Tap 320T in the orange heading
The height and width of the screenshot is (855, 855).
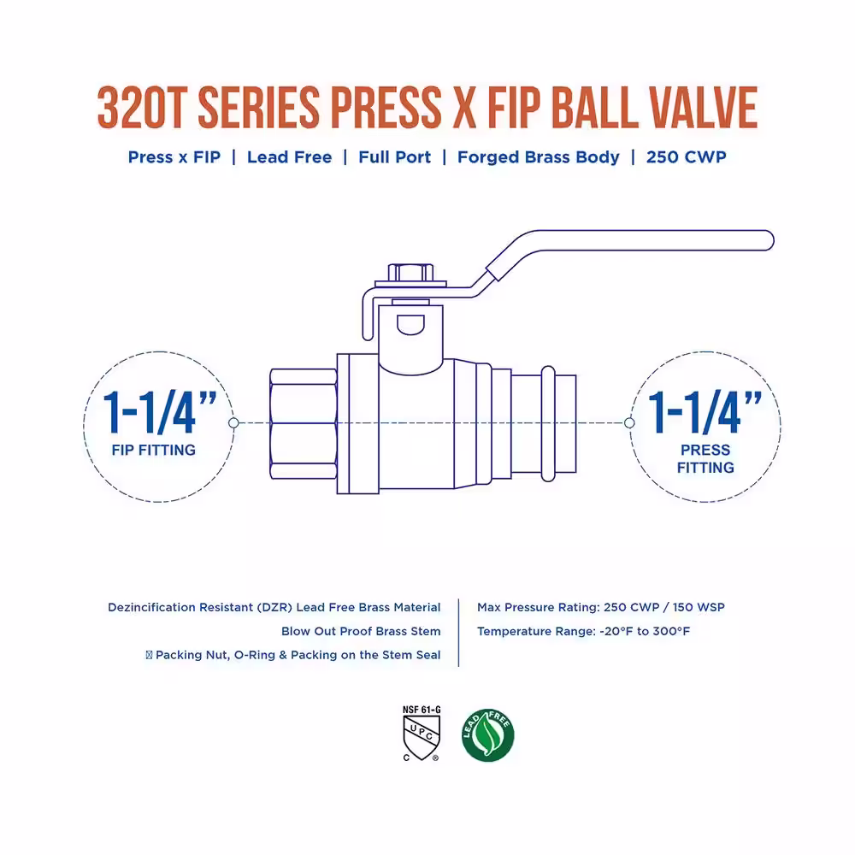pyautogui.click(x=139, y=108)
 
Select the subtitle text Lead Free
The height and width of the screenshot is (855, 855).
pyautogui.click(x=290, y=157)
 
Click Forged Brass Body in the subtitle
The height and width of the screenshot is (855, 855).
pyautogui.click(x=538, y=157)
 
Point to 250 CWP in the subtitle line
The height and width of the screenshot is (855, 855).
pyautogui.click(x=686, y=157)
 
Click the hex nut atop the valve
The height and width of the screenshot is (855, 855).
pyautogui.click(x=410, y=272)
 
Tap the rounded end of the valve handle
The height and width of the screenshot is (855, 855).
pyautogui.click(x=765, y=240)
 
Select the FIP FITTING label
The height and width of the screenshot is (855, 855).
pyautogui.click(x=154, y=450)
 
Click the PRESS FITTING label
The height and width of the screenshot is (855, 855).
pyautogui.click(x=705, y=458)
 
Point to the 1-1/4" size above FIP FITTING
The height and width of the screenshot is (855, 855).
pyautogui.click(x=160, y=412)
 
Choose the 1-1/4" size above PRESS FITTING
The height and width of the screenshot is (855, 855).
pyautogui.click(x=705, y=412)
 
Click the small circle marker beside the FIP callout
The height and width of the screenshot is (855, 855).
pyautogui.click(x=234, y=422)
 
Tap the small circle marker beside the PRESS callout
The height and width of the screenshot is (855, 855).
pyautogui.click(x=629, y=422)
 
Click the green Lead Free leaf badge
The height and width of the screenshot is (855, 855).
pyautogui.click(x=487, y=735)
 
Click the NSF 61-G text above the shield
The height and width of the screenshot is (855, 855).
pyautogui.click(x=422, y=710)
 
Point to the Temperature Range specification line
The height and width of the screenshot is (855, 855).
pyautogui.click(x=583, y=631)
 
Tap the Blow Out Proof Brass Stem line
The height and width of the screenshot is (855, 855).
pyautogui.click(x=361, y=631)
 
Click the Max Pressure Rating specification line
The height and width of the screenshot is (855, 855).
pyautogui.click(x=601, y=607)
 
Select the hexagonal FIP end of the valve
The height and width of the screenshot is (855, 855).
pyautogui.click(x=304, y=424)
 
